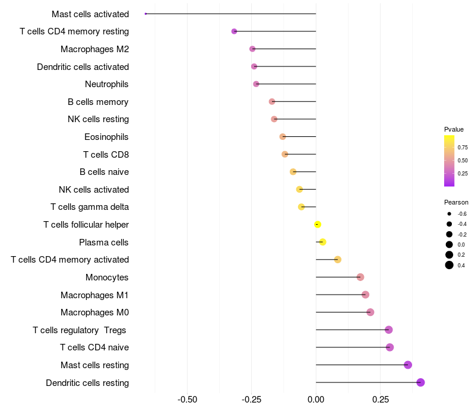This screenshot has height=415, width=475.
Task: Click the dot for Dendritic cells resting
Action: pos(420,382)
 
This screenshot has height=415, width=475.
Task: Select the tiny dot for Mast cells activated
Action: pos(145,14)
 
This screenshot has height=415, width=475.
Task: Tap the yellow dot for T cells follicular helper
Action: pos(318,225)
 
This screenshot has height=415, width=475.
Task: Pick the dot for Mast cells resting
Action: pos(408,365)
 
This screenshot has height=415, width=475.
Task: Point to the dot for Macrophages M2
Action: pos(252,49)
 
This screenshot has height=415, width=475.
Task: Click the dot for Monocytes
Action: pos(360,277)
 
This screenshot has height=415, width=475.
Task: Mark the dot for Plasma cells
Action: pos(322,242)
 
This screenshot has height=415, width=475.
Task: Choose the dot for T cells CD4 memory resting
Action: pos(234,31)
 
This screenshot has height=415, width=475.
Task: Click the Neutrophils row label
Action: pos(107,84)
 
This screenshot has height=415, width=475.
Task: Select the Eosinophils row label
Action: pos(106,137)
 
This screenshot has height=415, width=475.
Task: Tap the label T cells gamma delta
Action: pos(90,207)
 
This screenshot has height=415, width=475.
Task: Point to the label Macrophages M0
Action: pos(94,312)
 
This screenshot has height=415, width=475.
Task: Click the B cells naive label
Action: pos(104,172)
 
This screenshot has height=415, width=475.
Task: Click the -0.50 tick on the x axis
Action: pos(188,400)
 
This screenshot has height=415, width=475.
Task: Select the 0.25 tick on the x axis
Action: pos(380,400)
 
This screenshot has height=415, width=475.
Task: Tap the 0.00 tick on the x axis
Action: pos(316,400)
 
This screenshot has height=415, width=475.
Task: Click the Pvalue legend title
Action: pos(454,129)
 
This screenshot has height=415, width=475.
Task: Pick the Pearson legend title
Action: pos(456,202)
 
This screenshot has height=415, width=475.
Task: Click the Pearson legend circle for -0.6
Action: pos(449,213)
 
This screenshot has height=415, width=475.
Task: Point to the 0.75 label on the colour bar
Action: pos(463,148)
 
